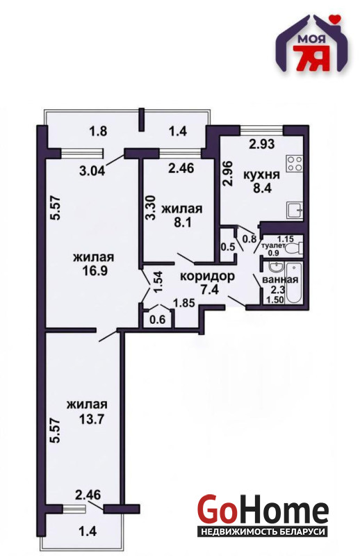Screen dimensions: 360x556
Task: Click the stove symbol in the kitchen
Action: [295, 163]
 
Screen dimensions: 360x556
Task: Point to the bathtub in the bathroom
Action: [294, 283]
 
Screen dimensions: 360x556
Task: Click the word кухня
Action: [262, 175]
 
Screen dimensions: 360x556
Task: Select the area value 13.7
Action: [92, 420]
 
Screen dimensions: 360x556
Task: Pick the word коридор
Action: [208, 275]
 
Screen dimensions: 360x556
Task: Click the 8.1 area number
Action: [182, 222]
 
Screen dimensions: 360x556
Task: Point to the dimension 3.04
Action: [92, 171]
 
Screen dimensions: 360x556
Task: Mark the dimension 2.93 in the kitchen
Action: [262, 145]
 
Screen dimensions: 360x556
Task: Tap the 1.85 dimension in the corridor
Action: [183, 303]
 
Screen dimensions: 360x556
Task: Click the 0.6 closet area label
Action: [158, 320]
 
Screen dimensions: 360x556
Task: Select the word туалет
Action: [272, 246]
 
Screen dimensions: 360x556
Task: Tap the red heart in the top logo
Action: [334, 17]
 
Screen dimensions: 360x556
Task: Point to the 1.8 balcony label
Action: [98, 131]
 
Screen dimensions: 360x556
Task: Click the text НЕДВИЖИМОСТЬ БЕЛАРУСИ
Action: [263, 532]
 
